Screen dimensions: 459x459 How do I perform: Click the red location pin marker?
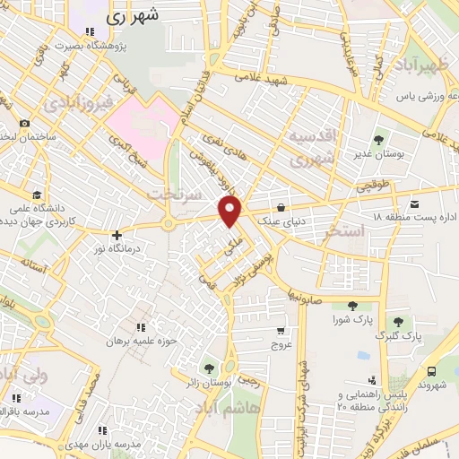[231, 211]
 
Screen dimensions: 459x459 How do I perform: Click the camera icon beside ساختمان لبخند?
[24, 123]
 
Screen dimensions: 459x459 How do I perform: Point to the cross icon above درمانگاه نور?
[117, 234]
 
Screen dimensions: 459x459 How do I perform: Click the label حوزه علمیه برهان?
[139, 342]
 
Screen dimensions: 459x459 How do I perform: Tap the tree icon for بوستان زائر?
[209, 368]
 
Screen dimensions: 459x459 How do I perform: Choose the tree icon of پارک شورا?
[363, 306]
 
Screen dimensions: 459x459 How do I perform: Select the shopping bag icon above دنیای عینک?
[281, 205]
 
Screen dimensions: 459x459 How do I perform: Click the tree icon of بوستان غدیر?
[378, 139]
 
